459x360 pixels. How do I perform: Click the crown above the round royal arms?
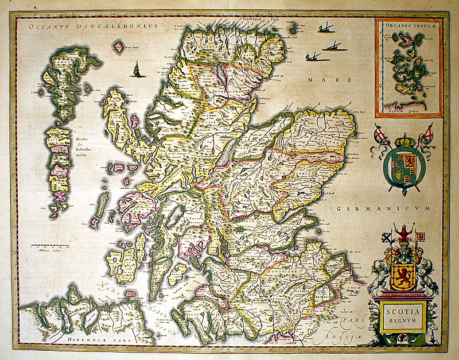404,140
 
